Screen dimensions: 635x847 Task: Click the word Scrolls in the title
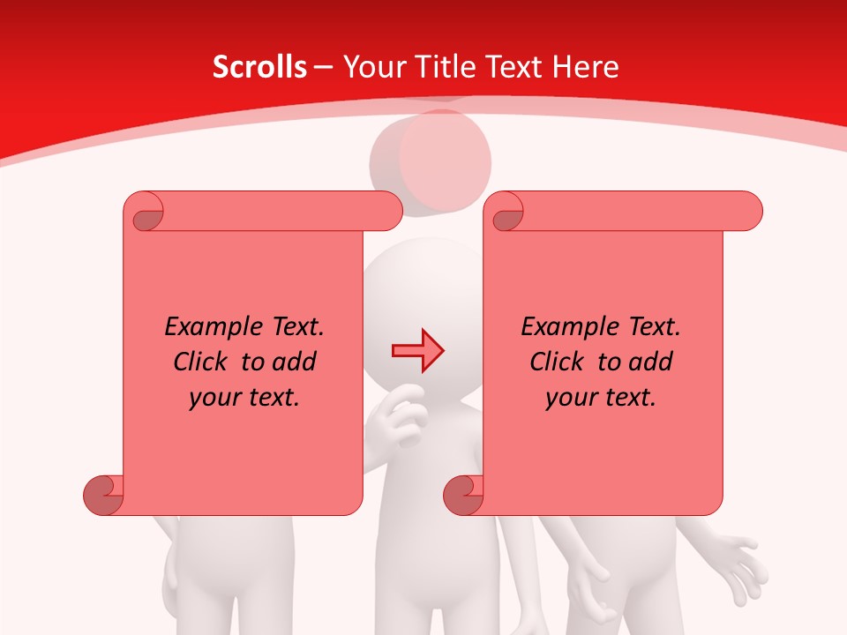(259, 67)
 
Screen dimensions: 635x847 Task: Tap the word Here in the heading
(585, 67)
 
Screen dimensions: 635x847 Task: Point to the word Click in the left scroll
(203, 362)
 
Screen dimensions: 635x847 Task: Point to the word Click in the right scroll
(559, 362)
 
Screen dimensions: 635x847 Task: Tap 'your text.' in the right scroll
(601, 398)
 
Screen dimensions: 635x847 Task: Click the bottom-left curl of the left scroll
(102, 494)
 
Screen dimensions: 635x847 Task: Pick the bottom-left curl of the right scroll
(462, 494)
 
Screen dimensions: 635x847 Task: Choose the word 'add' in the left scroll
(294, 362)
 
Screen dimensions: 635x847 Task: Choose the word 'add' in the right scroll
(650, 362)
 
